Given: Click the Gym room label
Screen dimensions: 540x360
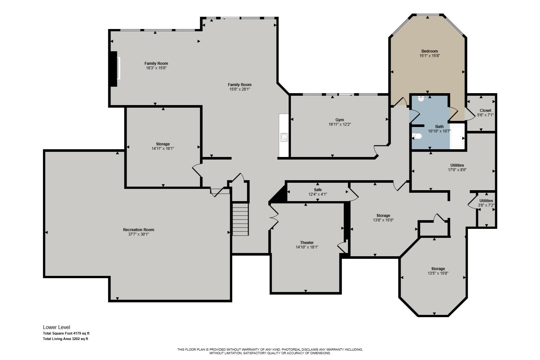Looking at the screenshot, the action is click(340, 120).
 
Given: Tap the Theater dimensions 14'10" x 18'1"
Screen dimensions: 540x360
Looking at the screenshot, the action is click(307, 247).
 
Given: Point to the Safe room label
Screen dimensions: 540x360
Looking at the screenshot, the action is click(318, 190).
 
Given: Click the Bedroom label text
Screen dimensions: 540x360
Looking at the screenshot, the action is click(430, 51).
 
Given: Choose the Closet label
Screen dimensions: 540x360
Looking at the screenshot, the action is click(486, 110).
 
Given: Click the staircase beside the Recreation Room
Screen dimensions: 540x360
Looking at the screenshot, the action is click(241, 219).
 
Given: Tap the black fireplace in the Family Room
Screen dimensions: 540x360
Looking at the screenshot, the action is click(113, 69).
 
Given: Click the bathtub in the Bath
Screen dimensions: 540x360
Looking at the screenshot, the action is click(457, 136).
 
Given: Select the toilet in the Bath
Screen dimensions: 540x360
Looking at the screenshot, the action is click(417, 136).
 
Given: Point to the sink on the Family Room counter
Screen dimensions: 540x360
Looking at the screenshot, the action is click(284, 137).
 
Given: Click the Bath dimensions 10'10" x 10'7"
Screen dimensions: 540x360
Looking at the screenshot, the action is click(439, 131).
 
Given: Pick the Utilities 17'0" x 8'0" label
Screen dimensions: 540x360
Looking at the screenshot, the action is click(457, 168).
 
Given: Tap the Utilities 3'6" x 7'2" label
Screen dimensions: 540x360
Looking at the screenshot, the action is click(486, 203).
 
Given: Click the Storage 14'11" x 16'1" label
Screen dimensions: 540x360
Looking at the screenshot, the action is click(163, 146).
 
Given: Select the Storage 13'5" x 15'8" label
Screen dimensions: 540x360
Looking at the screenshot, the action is click(438, 271).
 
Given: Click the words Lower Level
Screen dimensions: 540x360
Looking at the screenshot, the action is click(57, 327).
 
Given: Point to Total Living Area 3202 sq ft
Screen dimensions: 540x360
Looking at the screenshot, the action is click(65, 339).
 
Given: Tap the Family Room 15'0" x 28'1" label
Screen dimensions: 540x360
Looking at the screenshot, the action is click(240, 87).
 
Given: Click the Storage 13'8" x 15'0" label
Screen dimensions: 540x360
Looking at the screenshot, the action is click(383, 218).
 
